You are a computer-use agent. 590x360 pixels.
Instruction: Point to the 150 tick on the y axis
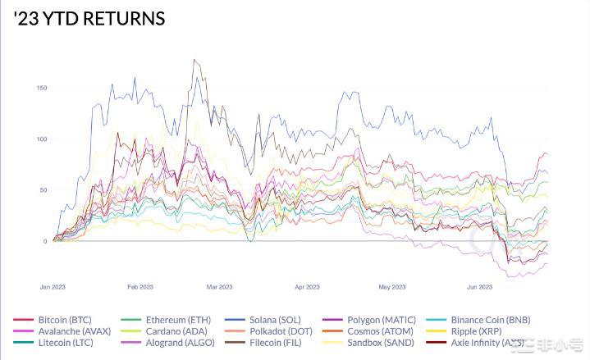click(41, 88)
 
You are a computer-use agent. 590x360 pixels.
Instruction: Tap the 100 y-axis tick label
click(41, 139)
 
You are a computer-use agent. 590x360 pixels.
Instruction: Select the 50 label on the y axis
click(43, 190)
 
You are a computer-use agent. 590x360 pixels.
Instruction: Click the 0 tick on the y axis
click(44, 241)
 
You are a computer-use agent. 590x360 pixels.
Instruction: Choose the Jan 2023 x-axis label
click(53, 287)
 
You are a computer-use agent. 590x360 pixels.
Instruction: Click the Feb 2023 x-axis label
click(140, 287)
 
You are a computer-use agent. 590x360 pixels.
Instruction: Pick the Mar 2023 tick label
click(219, 287)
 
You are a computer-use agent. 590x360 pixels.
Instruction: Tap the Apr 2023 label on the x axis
click(306, 287)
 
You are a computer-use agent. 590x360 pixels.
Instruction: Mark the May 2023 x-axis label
click(391, 287)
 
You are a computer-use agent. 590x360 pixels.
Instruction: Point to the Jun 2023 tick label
click(479, 287)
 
